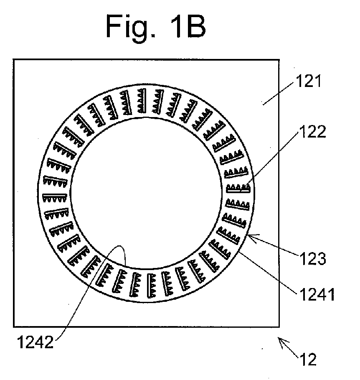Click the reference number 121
309,81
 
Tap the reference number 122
312,132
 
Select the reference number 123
312,258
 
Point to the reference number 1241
317,295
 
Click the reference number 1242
35,342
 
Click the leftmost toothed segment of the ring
54,197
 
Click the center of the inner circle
146,193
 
